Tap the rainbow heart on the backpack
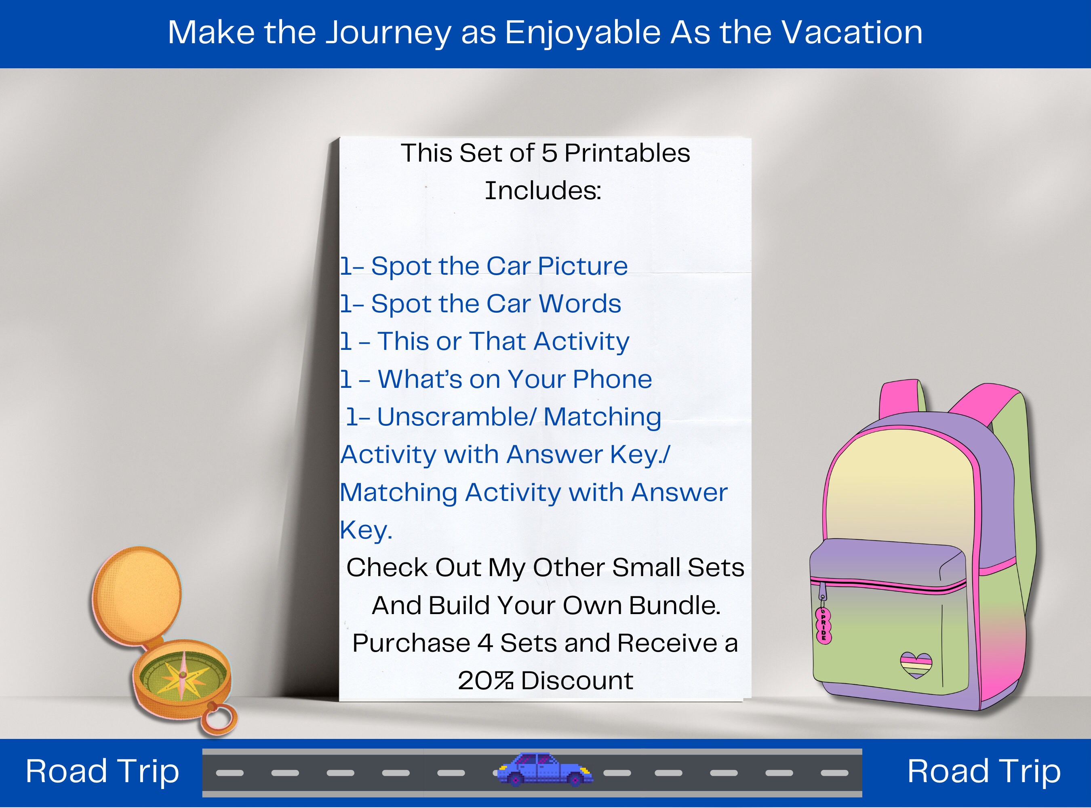coord(916,665)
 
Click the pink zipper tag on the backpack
coord(824,625)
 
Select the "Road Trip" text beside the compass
coord(102,771)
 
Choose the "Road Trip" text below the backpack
coord(984,771)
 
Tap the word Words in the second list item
coord(580,303)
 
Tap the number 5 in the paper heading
coord(549,153)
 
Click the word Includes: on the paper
coord(543,190)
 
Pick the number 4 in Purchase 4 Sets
coord(485,643)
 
